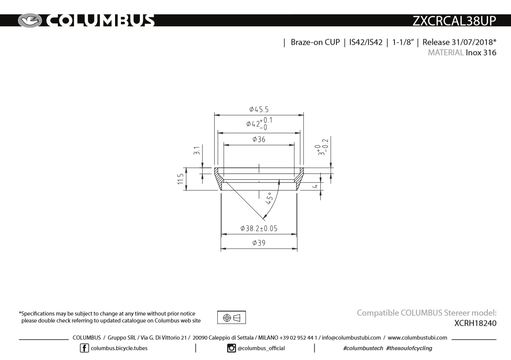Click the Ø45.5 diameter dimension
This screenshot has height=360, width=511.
point(259,109)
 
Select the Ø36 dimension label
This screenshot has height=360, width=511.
point(259,139)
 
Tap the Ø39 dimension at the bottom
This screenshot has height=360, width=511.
point(259,243)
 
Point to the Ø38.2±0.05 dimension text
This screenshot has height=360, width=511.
point(259,228)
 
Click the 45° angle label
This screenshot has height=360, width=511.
point(269,198)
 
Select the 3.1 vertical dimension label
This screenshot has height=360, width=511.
point(197,151)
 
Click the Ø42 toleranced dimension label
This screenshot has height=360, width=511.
point(259,123)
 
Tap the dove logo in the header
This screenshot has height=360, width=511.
point(30,21)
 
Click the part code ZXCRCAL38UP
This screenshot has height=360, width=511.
point(454,21)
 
